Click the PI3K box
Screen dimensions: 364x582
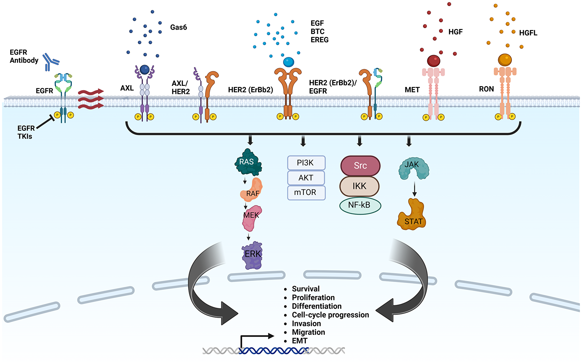click(306, 163)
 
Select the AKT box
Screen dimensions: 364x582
click(306, 178)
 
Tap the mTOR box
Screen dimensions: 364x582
click(306, 193)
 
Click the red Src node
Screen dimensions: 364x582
click(360, 166)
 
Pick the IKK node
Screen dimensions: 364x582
click(359, 186)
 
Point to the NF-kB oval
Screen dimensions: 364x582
click(360, 205)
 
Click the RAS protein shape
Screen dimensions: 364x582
click(247, 162)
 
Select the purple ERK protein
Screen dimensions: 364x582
click(252, 255)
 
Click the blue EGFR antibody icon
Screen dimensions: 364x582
click(50, 62)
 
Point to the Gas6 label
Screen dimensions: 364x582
click(178, 27)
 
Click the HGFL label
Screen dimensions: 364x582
click(528, 33)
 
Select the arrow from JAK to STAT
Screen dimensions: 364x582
click(414, 189)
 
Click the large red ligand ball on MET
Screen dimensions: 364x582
click(433, 61)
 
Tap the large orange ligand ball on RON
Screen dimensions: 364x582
click(505, 60)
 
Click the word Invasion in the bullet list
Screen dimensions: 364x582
click(306, 324)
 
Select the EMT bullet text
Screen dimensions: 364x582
click(299, 341)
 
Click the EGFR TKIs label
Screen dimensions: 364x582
click(26, 132)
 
